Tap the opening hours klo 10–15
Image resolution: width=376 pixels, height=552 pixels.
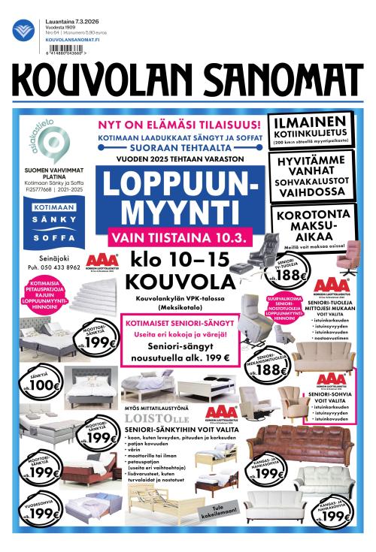tap(177, 264)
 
